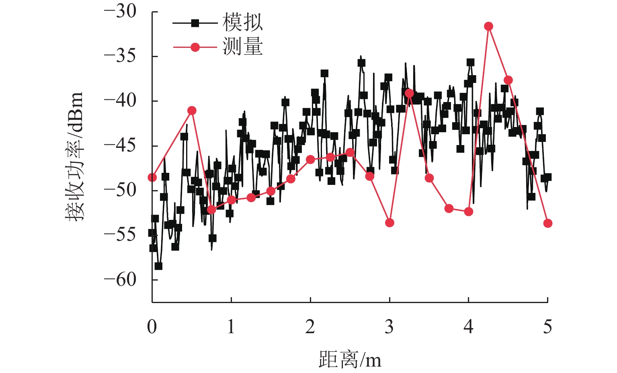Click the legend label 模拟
(x=242, y=23)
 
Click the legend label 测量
(x=242, y=47)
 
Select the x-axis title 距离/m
(x=350, y=359)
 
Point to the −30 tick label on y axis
(x=121, y=12)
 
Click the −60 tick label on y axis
(x=121, y=279)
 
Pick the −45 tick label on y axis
(x=121, y=146)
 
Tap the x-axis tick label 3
(x=389, y=327)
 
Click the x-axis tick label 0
(x=152, y=327)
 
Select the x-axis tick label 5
(x=547, y=327)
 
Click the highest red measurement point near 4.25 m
(x=488, y=27)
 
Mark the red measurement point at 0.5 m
(x=192, y=111)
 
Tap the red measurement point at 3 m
(x=389, y=223)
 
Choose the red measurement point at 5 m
(x=547, y=223)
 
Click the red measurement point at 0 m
(x=152, y=177)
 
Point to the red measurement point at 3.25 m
(x=409, y=93)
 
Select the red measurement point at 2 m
(x=310, y=160)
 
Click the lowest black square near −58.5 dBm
(x=158, y=266)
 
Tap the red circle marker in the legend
(x=195, y=47)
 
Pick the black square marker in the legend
(x=195, y=23)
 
